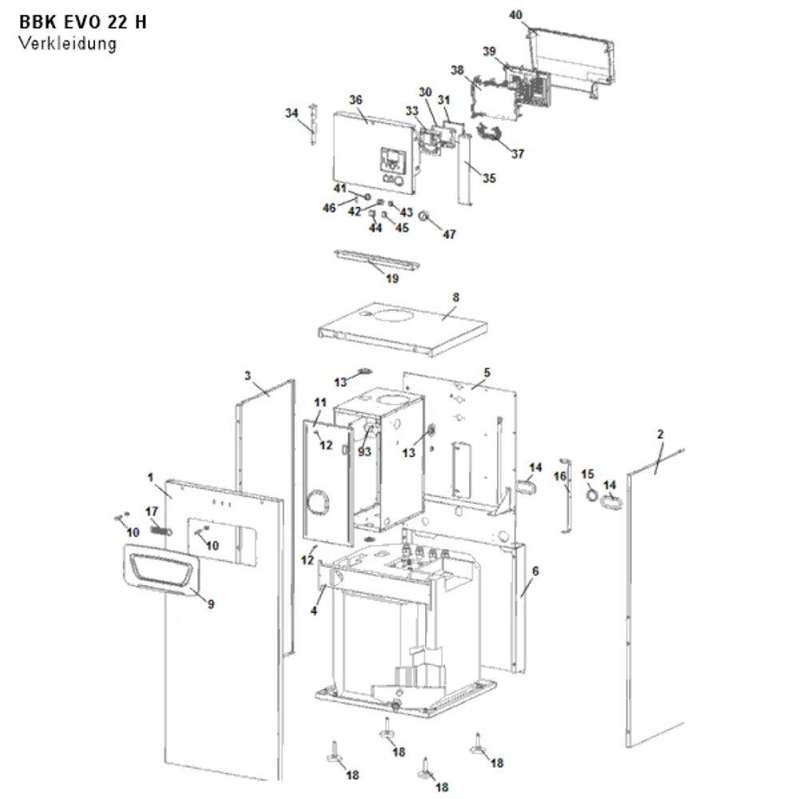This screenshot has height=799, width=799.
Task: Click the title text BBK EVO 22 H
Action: click(x=82, y=22)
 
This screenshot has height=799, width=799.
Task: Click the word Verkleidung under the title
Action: click(x=68, y=44)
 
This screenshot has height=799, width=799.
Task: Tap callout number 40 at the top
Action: click(x=515, y=14)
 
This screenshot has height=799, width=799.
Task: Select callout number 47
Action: click(x=449, y=234)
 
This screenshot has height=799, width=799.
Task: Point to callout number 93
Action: click(x=364, y=452)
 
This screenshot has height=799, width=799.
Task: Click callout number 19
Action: click(x=392, y=279)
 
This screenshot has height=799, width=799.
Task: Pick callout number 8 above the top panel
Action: click(x=455, y=297)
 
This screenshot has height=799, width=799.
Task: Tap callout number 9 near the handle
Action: click(x=211, y=604)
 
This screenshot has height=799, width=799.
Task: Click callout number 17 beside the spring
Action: click(x=152, y=511)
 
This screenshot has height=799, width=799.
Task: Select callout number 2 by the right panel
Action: click(x=661, y=434)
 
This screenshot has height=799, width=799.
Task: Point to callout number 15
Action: click(x=587, y=475)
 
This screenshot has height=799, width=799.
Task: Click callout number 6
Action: click(x=535, y=571)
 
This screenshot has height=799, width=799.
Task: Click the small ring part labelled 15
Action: click(x=591, y=494)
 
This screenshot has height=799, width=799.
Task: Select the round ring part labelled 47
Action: click(x=423, y=216)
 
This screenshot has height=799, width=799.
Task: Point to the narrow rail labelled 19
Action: click(x=376, y=258)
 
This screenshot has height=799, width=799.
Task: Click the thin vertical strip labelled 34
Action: click(x=313, y=125)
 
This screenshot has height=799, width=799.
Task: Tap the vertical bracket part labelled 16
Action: click(x=566, y=496)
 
